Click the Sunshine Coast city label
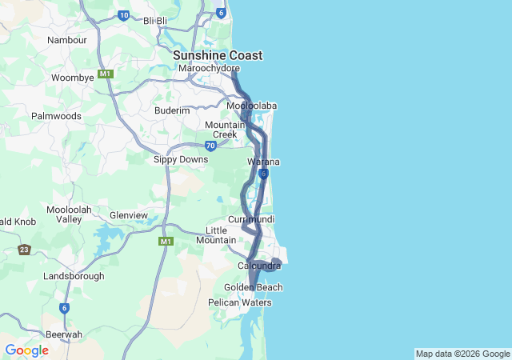tap(218, 55)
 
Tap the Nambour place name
tap(67, 40)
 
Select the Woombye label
tap(73, 78)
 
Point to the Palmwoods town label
tap(56, 116)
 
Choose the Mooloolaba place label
tap(251, 106)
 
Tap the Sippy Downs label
tap(181, 159)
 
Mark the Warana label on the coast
tap(263, 162)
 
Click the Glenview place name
tap(129, 215)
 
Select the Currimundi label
tap(251, 219)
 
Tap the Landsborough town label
tap(74, 276)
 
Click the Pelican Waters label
tap(240, 302)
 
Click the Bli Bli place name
tap(155, 21)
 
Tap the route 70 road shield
tap(210, 146)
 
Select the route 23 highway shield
tap(25, 250)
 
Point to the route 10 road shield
tap(123, 14)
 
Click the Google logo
tap(26, 350)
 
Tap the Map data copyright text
tap(462, 354)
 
